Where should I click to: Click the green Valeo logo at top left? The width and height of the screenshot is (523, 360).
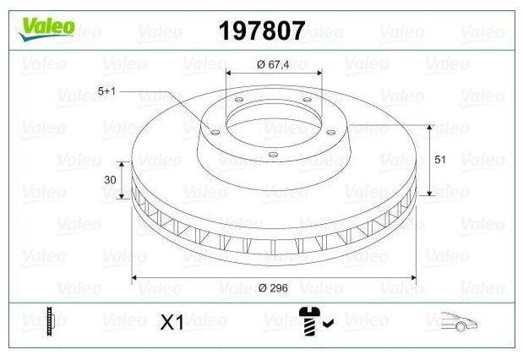(46, 29)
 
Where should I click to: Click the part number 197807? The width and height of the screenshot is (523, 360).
(262, 30)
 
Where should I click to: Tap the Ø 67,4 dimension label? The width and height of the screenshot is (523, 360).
(273, 64)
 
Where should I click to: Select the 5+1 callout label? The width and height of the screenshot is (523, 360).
(106, 90)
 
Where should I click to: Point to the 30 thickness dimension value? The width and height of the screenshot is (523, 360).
(110, 180)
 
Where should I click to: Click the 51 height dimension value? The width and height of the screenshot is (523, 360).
(440, 160)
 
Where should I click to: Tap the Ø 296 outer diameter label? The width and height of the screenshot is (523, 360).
(273, 287)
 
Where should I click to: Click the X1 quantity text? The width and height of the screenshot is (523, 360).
(172, 322)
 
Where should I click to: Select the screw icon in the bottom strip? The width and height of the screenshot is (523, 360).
(309, 321)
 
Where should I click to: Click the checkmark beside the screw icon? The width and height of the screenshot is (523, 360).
(329, 323)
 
